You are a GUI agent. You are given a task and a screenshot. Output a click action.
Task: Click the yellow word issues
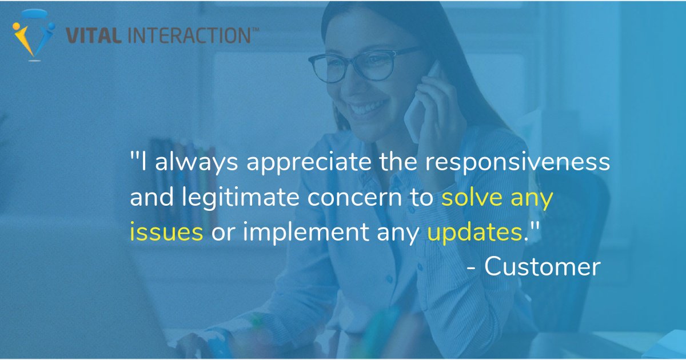(x=166, y=233)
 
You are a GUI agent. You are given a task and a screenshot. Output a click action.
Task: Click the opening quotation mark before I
(x=134, y=157)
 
